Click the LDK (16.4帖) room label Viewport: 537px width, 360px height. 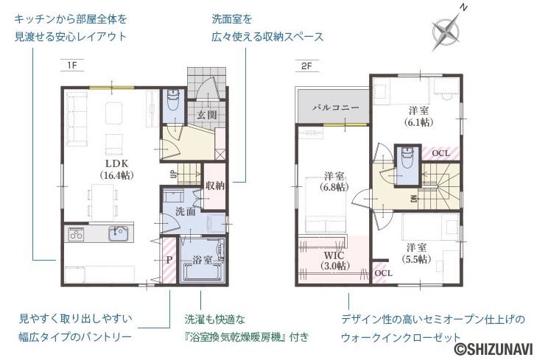click(116, 169)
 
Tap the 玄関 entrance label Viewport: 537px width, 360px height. click(206, 115)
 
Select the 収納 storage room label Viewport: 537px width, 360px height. click(215, 186)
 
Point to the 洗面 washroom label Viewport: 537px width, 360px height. click(186, 211)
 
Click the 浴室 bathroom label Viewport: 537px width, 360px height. click(202, 260)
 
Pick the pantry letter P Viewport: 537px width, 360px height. click(169, 261)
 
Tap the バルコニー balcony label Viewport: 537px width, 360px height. click(336, 107)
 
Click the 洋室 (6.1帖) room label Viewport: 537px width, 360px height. click(418, 116)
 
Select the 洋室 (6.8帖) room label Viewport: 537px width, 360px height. click(334, 181)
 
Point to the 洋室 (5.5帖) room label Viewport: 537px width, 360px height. click(416, 253)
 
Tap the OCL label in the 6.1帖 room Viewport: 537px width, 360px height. click(441, 153)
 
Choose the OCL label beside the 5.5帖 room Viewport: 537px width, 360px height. click(383, 273)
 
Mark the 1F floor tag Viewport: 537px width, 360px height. click(72, 65)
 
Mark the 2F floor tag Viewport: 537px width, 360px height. click(307, 66)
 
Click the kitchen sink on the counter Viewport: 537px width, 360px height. click(119, 233)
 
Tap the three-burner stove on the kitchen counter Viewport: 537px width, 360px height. click(76, 233)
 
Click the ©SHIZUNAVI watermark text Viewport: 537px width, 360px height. click(494, 349)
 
